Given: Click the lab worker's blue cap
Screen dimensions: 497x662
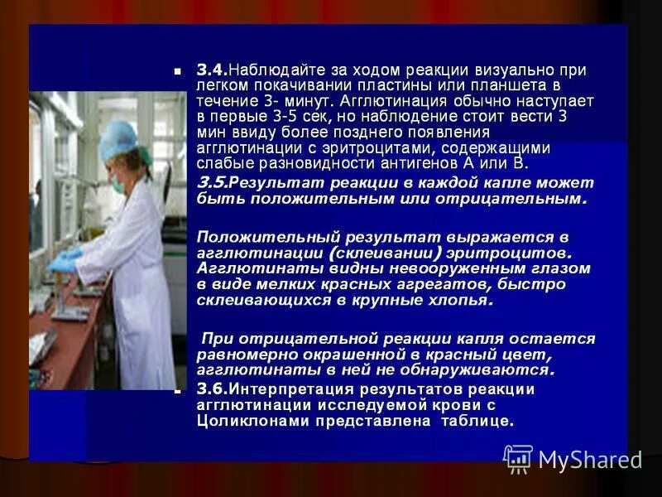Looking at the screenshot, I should (118, 139).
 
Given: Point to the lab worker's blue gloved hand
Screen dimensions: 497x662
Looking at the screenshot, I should (65, 261).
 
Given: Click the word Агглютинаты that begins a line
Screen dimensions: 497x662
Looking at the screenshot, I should (237, 268).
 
